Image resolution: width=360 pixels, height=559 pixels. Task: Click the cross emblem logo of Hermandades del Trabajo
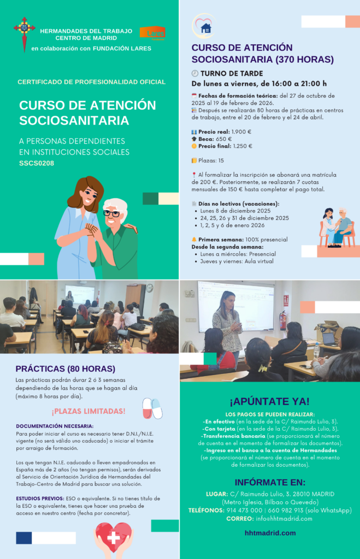coord(25,34)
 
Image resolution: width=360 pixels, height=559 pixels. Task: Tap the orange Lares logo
coord(152,33)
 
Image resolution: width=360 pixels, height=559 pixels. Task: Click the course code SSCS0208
coord(37,163)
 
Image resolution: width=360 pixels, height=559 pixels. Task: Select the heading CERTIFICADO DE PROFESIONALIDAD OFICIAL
coord(91,82)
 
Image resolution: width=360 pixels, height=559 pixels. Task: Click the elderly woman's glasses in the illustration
coord(111,213)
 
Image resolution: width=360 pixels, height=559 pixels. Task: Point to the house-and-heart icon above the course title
coord(205,27)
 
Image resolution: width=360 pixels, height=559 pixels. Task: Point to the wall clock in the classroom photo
coord(149,288)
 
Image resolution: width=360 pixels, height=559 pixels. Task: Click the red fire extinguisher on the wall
coord(282,320)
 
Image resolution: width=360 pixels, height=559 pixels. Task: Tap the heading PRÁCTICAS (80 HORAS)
coord(57,368)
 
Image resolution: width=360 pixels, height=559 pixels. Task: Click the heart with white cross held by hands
coord(114,538)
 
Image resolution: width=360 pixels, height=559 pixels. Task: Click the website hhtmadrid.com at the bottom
coord(270,533)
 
